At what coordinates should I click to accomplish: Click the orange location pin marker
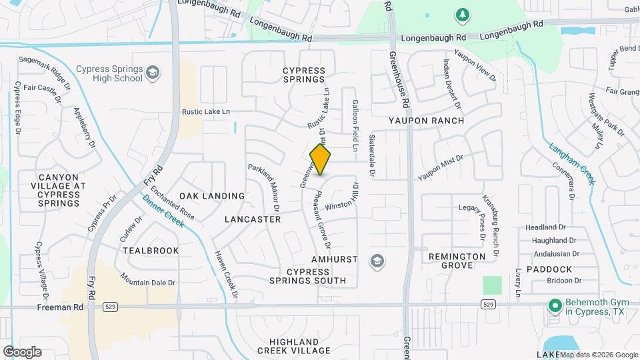(x=321, y=160)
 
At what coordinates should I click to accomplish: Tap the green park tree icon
(x=461, y=14)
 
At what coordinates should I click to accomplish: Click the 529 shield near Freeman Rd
(x=111, y=307)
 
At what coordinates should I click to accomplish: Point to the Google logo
(x=21, y=351)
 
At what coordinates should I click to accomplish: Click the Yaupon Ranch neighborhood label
(x=426, y=121)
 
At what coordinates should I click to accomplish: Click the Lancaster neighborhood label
(x=253, y=219)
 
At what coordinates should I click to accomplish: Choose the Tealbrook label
(x=151, y=251)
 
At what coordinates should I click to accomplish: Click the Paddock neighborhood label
(x=549, y=269)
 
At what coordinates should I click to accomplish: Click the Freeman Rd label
(x=61, y=307)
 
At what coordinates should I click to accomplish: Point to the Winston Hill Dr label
(x=342, y=202)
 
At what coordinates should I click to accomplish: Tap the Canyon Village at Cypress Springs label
(x=59, y=186)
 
